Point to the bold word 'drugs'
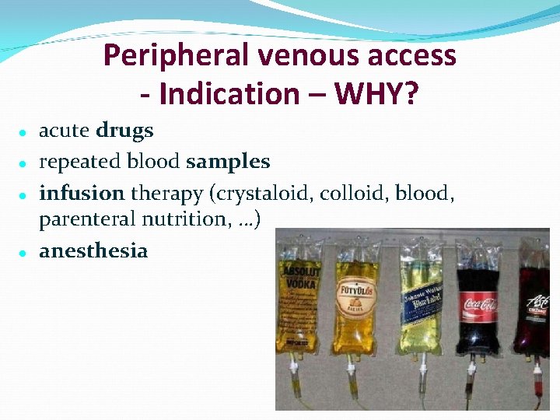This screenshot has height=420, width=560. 124,131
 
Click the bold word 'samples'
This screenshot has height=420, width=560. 228,161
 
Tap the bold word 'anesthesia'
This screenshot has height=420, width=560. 93,250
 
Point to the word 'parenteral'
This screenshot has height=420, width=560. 87,220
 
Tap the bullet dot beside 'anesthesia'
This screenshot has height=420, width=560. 24,253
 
